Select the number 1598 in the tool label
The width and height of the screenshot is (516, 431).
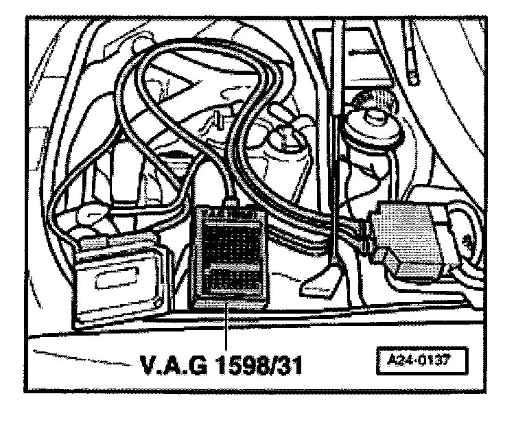pos(241,365)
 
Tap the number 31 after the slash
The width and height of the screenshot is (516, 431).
pos(289,365)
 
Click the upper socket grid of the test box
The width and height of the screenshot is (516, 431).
pos(231,244)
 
